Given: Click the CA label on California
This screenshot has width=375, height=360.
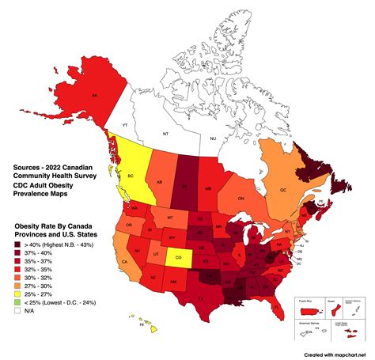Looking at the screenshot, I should point(124,262).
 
